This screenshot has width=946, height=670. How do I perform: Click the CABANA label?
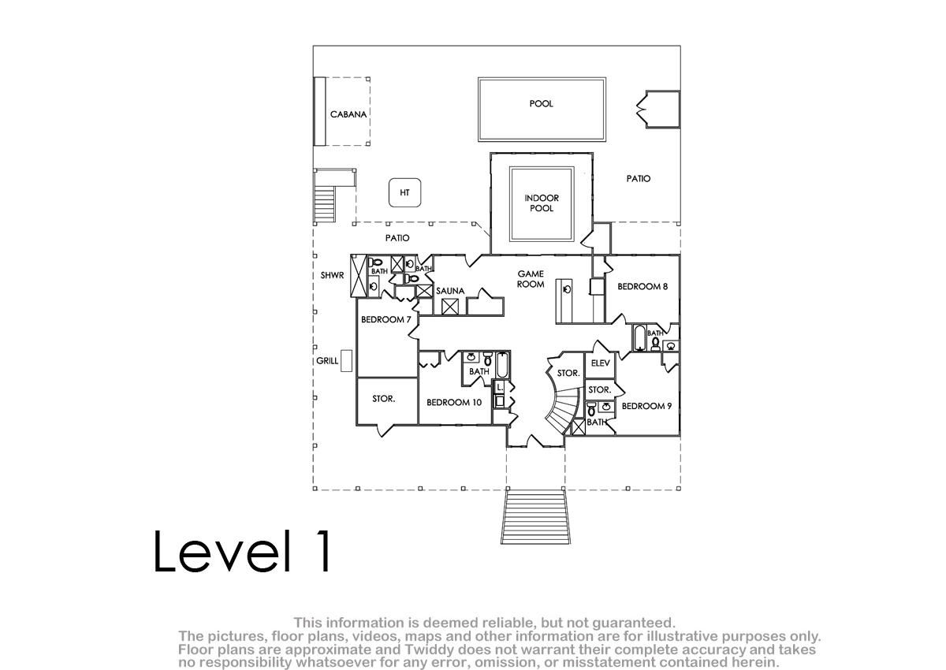pyautogui.click(x=348, y=114)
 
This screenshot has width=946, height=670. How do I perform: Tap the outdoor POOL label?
pyautogui.click(x=541, y=103)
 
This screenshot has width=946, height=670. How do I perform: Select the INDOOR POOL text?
pyautogui.click(x=542, y=203)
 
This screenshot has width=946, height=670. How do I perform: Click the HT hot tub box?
pyautogui.click(x=404, y=192)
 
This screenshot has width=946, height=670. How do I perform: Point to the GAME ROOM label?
pyautogui.click(x=531, y=279)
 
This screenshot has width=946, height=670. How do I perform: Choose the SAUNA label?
pyautogui.click(x=450, y=291)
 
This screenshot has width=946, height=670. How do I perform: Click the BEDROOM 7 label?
pyautogui.click(x=386, y=319)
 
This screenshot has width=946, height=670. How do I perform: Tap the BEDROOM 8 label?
pyautogui.click(x=642, y=287)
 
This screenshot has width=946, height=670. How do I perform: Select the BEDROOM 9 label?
pyautogui.click(x=646, y=406)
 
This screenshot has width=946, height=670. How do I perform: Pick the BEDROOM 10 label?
pyautogui.click(x=454, y=402)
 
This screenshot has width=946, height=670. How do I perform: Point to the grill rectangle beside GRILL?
pyautogui.click(x=346, y=361)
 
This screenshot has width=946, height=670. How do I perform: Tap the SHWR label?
pyautogui.click(x=332, y=275)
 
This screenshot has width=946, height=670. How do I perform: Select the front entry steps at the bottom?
pyautogui.click(x=535, y=517)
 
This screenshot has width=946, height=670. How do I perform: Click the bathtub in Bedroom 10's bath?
pyautogui.click(x=503, y=365)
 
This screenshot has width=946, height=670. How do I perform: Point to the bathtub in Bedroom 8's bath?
pyautogui.click(x=639, y=337)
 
